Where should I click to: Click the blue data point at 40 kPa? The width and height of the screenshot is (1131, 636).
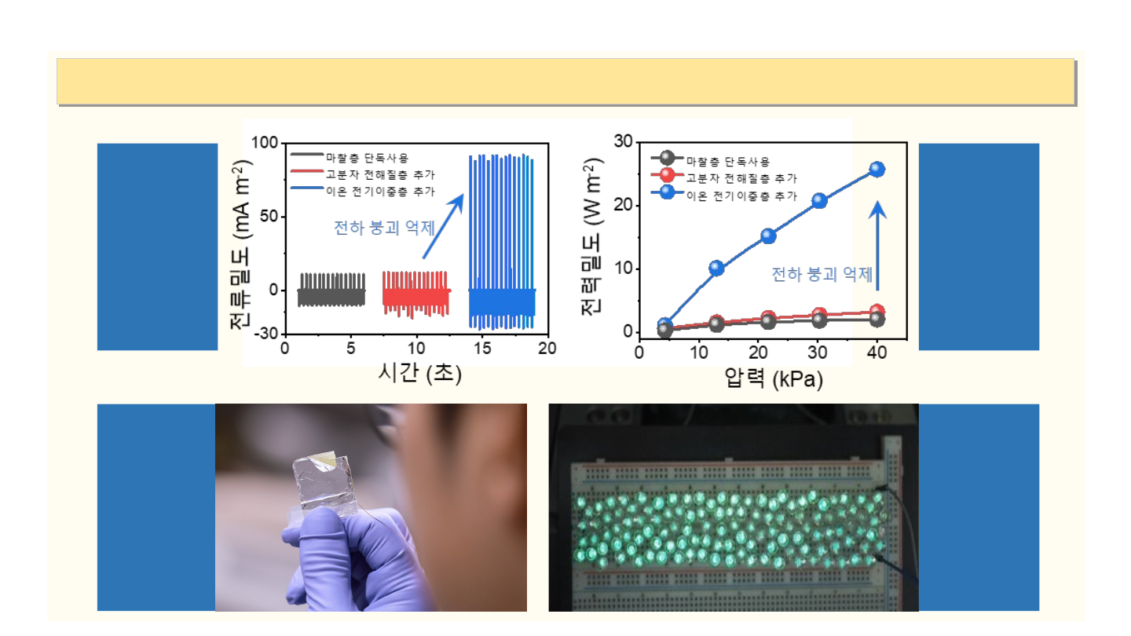click(877, 169)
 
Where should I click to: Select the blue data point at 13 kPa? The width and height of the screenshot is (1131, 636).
click(716, 268)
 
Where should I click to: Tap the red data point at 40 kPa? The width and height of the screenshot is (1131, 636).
click(877, 312)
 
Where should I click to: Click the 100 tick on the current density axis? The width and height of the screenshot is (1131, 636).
click(265, 142)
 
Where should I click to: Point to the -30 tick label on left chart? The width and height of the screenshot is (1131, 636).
click(266, 333)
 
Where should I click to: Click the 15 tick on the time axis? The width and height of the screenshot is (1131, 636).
click(482, 349)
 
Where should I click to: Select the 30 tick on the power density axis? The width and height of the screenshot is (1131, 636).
click(624, 141)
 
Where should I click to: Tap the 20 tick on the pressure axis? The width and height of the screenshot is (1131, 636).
click(758, 353)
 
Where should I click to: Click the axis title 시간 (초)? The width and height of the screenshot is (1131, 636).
click(420, 374)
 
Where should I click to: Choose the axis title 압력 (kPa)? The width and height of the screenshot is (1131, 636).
click(774, 378)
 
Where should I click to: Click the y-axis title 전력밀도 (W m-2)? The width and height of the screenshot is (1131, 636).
click(592, 237)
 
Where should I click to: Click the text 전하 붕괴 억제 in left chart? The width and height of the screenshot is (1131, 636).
click(384, 228)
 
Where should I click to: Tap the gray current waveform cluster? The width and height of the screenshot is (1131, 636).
click(331, 291)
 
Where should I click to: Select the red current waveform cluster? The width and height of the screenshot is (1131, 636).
click(416, 294)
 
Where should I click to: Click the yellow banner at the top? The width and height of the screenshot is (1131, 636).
click(565, 82)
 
